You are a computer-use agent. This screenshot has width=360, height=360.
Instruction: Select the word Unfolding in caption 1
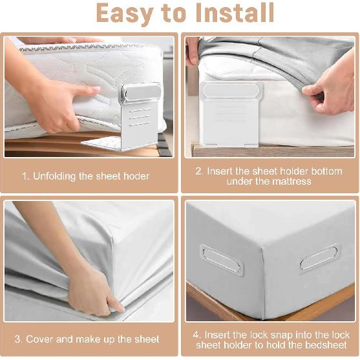(x=57, y=176)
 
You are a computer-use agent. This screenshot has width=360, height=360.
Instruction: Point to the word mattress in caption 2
(x=290, y=182)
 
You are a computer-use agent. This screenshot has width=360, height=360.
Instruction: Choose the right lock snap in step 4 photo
(x=319, y=257)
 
